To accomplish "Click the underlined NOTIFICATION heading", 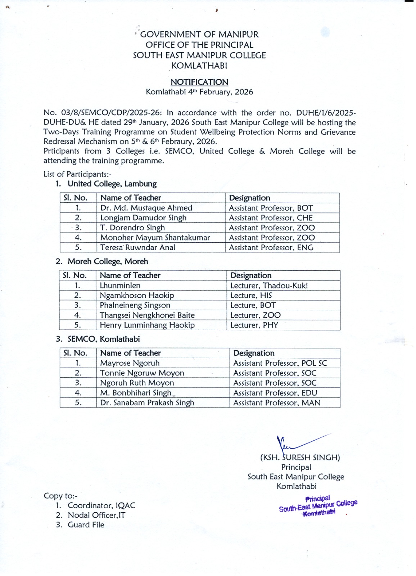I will coord(199,82).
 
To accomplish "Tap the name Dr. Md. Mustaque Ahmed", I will coord(146,208).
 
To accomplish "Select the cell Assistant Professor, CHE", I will coord(271,218).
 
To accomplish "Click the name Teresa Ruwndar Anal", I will coord(137,248).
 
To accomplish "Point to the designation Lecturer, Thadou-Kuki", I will coord(269,286).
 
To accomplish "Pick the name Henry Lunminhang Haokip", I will coord(147,325).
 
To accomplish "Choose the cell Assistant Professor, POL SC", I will coord(280,363).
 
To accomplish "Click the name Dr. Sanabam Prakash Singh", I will coord(147,403).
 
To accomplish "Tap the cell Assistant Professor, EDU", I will coord(275,393).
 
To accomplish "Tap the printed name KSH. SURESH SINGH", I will coord(300,458).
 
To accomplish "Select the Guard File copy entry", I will coord(86,525).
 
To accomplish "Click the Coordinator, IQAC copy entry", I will coord(101,505).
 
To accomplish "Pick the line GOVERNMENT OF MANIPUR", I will coord(199,35).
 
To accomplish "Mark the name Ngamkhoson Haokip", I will coord(137,296).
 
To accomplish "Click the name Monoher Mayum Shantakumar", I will coord(155,238).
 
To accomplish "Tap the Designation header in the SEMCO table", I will coord(254,353).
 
